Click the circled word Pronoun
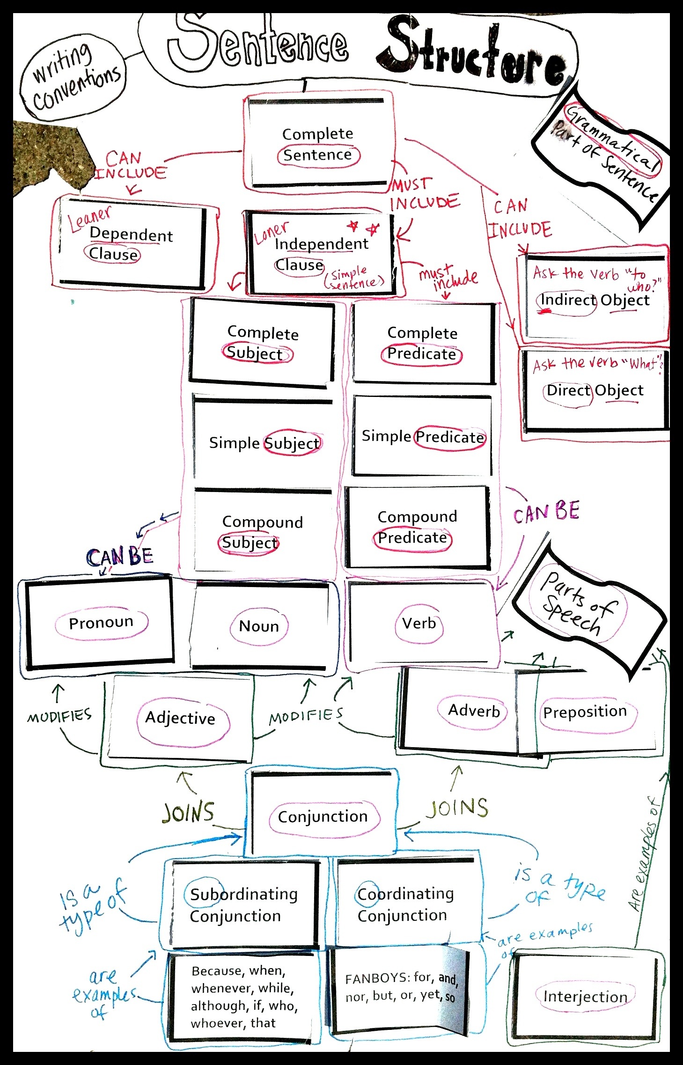pos(101,622)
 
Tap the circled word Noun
pos(259,626)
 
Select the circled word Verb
pos(419,623)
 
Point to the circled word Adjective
pos(180,718)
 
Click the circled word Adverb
pos(474,711)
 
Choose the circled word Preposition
pos(585,712)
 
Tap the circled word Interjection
pos(585,997)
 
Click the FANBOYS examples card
pos(400,988)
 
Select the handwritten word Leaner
pos(89,219)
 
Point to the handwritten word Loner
pos(272,233)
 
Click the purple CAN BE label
pos(546,512)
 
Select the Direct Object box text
pos(595,390)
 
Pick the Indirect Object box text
pos(595,300)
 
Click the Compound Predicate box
pos(417,528)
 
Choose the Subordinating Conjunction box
pos(243,904)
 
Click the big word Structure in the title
pos(473,51)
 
